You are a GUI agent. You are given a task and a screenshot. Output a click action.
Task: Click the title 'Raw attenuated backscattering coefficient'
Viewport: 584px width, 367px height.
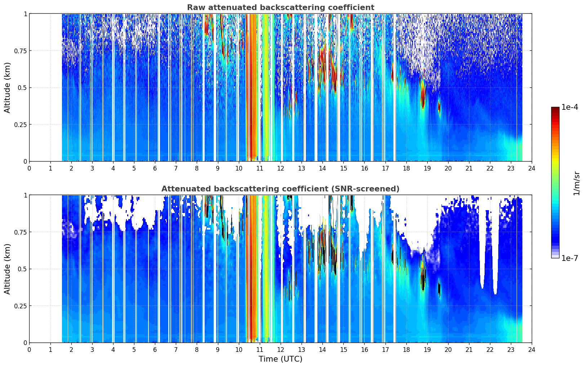[281, 7]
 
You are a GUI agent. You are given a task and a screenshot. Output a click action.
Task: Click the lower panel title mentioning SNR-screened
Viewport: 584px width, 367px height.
[280, 189]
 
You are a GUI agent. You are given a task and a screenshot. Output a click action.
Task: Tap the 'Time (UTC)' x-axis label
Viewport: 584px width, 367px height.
[280, 359]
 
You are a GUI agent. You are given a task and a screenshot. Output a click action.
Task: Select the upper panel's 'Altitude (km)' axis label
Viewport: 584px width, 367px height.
[7, 87]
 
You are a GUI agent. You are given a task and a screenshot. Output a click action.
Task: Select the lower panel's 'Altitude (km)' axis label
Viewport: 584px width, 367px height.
[7, 269]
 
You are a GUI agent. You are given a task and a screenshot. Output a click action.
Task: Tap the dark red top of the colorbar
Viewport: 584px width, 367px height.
[555, 109]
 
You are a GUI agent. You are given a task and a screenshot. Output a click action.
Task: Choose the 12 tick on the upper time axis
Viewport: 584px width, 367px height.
[280, 168]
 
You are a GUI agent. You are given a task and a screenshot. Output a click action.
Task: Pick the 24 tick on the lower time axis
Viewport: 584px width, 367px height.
[532, 350]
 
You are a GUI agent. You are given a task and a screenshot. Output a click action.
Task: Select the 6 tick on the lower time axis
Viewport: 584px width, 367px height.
[155, 350]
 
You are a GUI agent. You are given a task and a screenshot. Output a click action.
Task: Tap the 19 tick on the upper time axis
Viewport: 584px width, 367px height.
[427, 168]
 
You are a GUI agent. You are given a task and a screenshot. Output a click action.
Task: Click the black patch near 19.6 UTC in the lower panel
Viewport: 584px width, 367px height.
[439, 287]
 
